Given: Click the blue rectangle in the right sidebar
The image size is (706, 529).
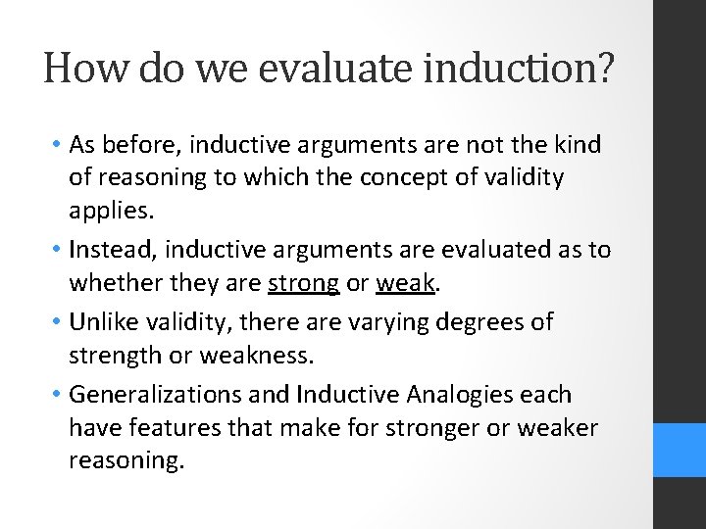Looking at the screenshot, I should pos(680,450).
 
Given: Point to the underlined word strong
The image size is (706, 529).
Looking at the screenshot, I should pos(303,284).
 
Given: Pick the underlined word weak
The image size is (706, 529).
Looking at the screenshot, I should pos(406,284).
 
